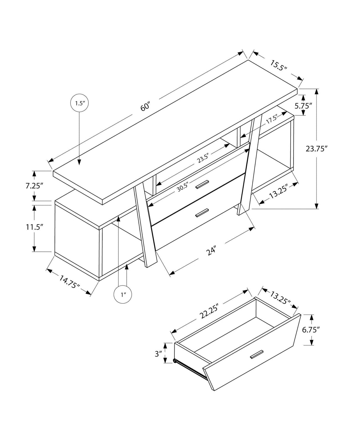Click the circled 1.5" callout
79,103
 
